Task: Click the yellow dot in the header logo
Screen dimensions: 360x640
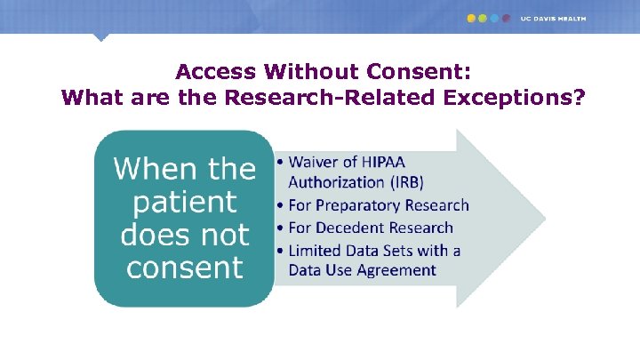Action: click(x=471, y=18)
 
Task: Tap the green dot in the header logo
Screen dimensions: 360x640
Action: click(x=483, y=18)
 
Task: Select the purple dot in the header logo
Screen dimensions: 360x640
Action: click(x=506, y=18)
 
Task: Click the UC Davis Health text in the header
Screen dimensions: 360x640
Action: click(x=553, y=18)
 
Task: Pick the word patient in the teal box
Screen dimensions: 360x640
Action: click(x=185, y=202)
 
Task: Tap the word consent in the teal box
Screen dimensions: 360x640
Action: click(x=185, y=268)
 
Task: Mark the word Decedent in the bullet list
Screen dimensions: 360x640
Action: click(x=354, y=228)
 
